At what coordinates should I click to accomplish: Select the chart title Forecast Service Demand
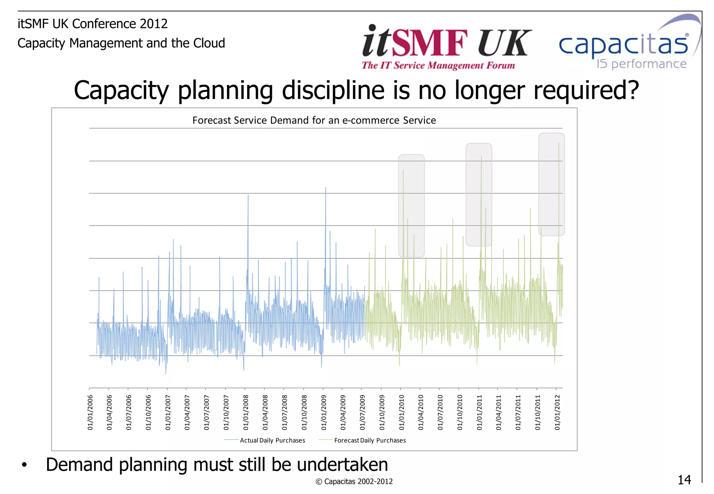pyautogui.click(x=314, y=120)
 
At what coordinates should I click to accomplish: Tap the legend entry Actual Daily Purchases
pyautogui.click(x=272, y=440)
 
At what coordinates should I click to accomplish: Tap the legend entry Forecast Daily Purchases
pyautogui.click(x=370, y=440)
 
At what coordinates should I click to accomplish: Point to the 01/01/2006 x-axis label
pyautogui.click(x=90, y=412)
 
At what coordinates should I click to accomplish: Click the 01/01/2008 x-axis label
pyautogui.click(x=246, y=412)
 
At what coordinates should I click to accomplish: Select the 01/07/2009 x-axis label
pyautogui.click(x=362, y=412)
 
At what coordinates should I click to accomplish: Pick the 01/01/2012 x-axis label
pyautogui.click(x=557, y=412)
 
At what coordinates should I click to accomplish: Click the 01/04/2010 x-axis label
pyautogui.click(x=421, y=412)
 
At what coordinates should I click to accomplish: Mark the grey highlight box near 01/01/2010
pyautogui.click(x=411, y=206)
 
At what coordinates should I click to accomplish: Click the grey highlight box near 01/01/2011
pyautogui.click(x=479, y=194)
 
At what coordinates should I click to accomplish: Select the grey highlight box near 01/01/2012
pyautogui.click(x=551, y=184)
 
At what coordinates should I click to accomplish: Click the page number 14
pyautogui.click(x=684, y=480)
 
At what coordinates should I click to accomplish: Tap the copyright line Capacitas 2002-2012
pyautogui.click(x=354, y=481)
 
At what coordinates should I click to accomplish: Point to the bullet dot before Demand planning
pyautogui.click(x=24, y=465)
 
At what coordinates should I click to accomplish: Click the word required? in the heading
pyautogui.click(x=586, y=91)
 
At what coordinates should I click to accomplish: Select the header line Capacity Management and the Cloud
pyautogui.click(x=121, y=43)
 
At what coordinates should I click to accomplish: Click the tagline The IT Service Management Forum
pyautogui.click(x=438, y=65)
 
